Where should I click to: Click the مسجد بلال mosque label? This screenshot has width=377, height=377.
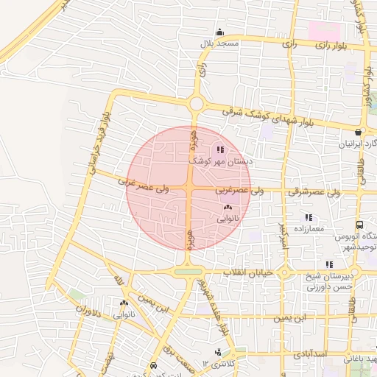click(219, 44)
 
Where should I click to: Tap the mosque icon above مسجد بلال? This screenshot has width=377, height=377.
click(219, 32)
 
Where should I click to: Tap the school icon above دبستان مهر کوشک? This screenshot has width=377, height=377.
click(221, 149)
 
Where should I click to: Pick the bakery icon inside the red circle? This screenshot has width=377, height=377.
click(227, 208)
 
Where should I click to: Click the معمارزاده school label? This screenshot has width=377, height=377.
click(309, 229)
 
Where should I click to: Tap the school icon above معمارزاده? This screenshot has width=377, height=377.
click(309, 218)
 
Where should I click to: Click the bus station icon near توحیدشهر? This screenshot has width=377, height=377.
click(359, 225)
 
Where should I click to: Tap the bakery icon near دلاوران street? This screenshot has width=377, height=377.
click(124, 303)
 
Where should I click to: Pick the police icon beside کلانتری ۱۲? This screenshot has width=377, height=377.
click(217, 353)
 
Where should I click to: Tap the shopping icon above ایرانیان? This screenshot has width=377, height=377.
click(358, 133)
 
